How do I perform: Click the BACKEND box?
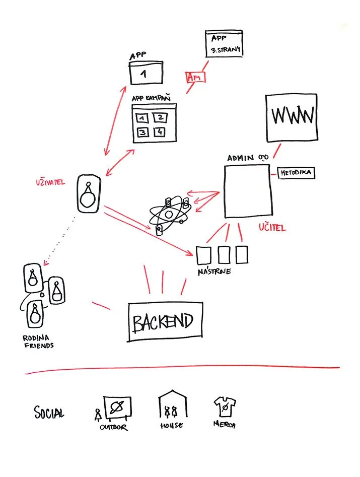point(165,322)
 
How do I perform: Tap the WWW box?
point(293,117)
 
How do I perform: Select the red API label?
point(195,78)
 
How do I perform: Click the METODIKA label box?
point(296,173)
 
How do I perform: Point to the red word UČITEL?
point(272,228)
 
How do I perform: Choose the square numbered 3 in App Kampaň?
point(143,132)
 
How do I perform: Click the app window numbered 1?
point(146,73)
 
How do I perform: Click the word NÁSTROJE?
point(215,272)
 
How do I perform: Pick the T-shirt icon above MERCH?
point(226,407)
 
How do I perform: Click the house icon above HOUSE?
point(172,405)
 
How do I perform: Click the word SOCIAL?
point(49,414)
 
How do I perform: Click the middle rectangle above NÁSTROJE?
point(225,254)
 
